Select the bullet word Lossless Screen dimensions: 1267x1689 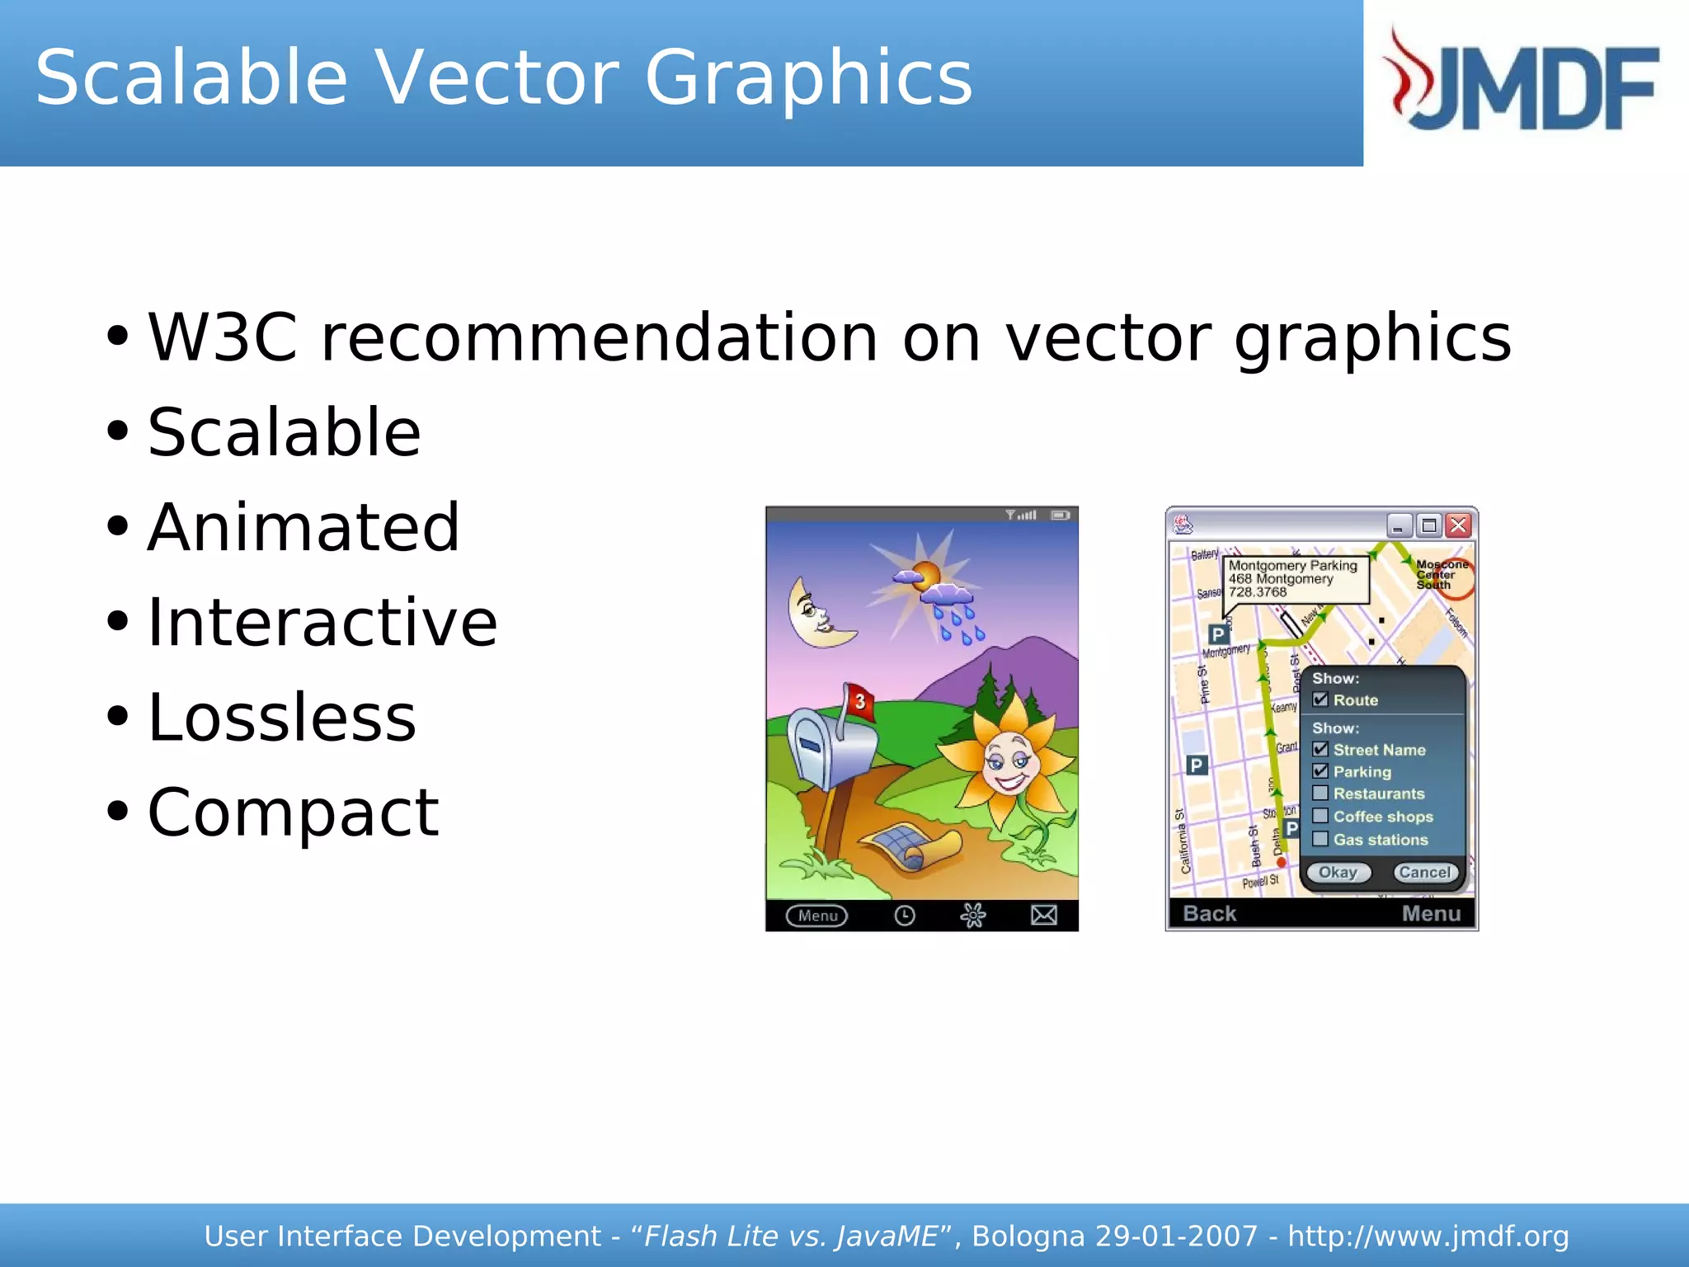click(281, 717)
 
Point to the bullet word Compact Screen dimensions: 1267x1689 click(293, 812)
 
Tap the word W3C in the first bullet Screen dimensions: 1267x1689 click(222, 337)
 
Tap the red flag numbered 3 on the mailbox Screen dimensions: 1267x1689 click(859, 702)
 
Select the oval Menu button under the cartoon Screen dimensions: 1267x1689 click(816, 916)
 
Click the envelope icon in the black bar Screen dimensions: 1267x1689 click(1043, 915)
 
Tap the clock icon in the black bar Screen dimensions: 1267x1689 click(905, 916)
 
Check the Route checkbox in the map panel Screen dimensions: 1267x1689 click(1320, 699)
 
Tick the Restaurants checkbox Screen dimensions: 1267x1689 click(1320, 794)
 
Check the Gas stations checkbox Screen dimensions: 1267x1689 click(1320, 839)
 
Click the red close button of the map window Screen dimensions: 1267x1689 click(1458, 525)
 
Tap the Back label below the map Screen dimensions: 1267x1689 click(1209, 913)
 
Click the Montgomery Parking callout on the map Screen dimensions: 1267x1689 click(1293, 579)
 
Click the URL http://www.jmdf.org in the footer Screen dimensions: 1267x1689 click(1428, 1236)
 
